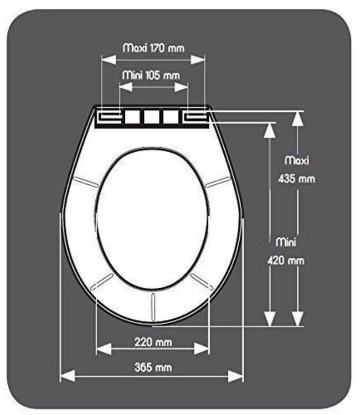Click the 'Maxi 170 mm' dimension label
(x=153, y=48)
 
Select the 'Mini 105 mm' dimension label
(x=153, y=74)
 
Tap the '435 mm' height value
(x=296, y=179)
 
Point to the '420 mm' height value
(x=290, y=260)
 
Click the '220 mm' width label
(x=153, y=342)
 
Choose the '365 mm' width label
(x=153, y=367)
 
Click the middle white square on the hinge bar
(x=152, y=117)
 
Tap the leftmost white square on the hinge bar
(x=132, y=117)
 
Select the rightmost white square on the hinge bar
(x=171, y=117)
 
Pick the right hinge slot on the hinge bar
(x=194, y=116)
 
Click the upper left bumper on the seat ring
(x=86, y=181)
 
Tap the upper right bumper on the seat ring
(x=218, y=181)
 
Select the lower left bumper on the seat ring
(x=102, y=281)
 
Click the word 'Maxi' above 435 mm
(x=297, y=160)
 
